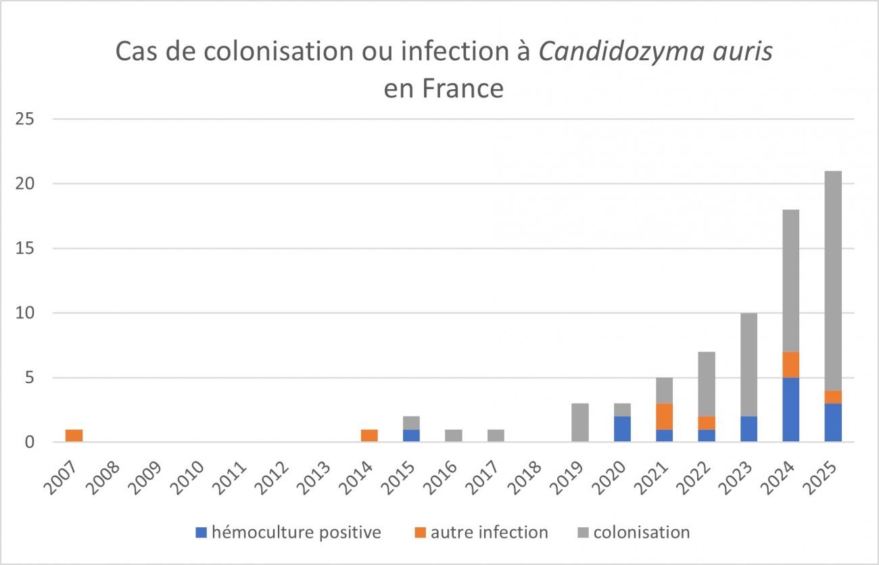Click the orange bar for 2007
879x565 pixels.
pos(74,436)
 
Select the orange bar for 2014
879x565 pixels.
pos(369,436)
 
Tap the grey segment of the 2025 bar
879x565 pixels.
pos(833,280)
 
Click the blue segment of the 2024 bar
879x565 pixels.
pos(791,410)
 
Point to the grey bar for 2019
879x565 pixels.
pos(580,423)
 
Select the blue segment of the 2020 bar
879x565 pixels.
pos(622,429)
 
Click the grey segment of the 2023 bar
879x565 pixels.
pos(749,364)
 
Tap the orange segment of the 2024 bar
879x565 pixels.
pos(791,365)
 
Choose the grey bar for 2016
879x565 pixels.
pos(454,436)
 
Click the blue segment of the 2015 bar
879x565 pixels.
pos(411,436)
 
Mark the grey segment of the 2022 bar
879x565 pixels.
pos(707,384)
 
